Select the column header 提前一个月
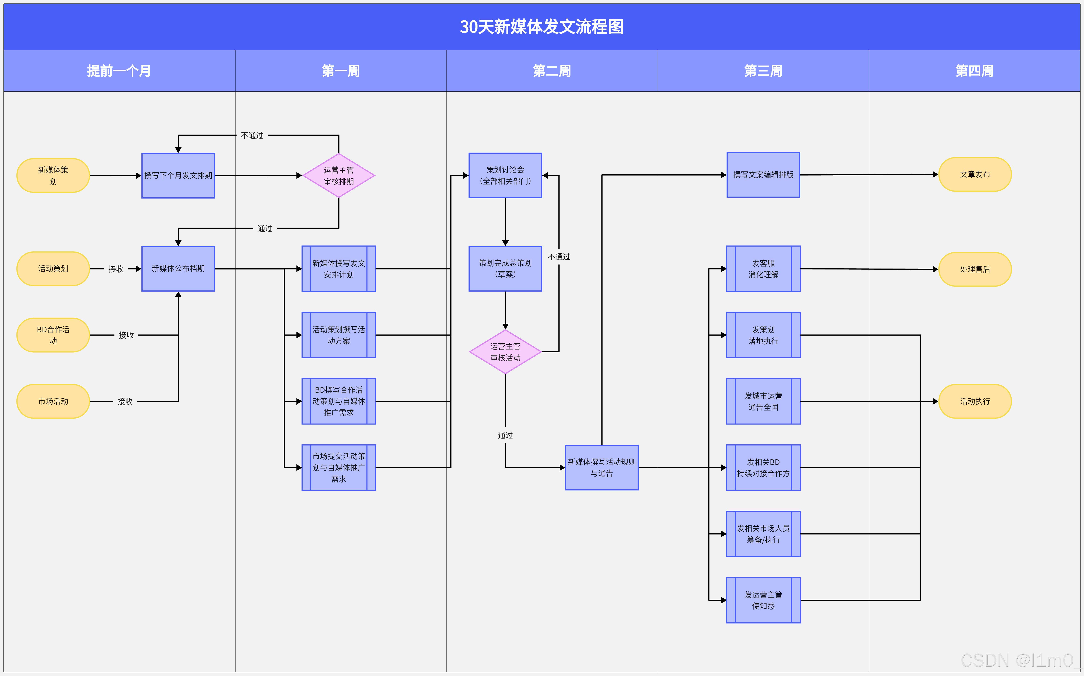click(x=119, y=71)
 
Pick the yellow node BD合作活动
click(x=53, y=335)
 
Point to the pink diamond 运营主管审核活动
click(x=505, y=352)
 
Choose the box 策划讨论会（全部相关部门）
click(x=505, y=175)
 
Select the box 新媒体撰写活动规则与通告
click(x=602, y=467)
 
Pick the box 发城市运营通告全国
click(x=763, y=401)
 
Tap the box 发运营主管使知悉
click(x=763, y=600)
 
